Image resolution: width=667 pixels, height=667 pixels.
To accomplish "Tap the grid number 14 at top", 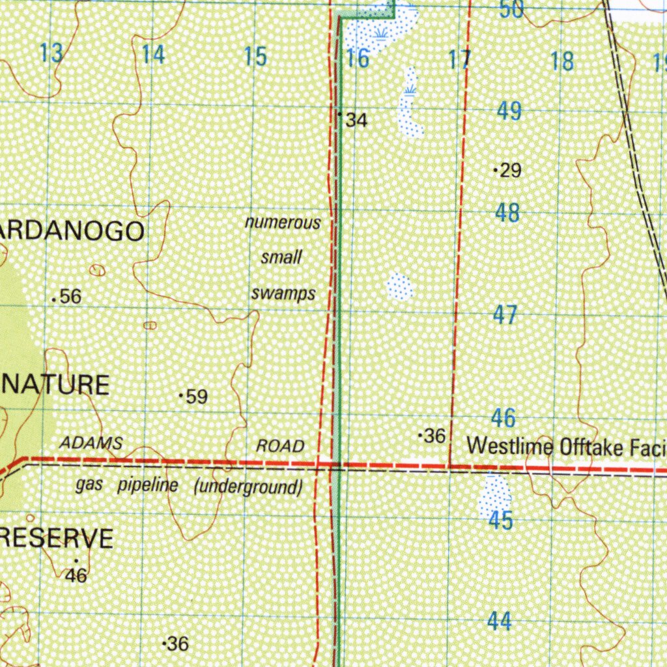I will pos(154,55).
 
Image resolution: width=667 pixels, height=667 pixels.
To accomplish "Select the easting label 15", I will pos(255,57).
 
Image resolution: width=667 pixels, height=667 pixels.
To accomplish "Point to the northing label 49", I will pos(509,111).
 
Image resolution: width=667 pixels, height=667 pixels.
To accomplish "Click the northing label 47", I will pos(505,315).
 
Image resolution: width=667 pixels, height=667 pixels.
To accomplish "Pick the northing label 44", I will pos(499,622).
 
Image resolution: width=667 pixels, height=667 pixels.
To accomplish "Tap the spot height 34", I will pos(356,120).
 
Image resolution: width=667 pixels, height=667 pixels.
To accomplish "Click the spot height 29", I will pos(510,171).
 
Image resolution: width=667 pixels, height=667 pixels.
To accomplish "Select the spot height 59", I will pos(196,396).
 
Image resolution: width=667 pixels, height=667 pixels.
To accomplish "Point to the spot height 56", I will pos(70,297).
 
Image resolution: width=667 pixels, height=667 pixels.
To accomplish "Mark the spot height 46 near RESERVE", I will pos(76,575).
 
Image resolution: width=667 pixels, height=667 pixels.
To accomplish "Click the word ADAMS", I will pos(91,444).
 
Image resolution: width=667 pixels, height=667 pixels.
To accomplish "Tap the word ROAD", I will pos(280,446).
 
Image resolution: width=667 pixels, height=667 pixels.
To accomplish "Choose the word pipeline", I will pos(147,485).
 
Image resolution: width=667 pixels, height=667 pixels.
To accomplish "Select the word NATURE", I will pos(55,384).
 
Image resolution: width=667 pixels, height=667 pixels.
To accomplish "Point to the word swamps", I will pos(283,293).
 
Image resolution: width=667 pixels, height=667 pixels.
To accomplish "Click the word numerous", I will pos(283,223).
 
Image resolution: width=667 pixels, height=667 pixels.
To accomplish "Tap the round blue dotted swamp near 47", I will pos(399,287).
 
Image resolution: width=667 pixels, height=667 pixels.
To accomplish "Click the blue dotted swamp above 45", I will pos(494,495).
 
